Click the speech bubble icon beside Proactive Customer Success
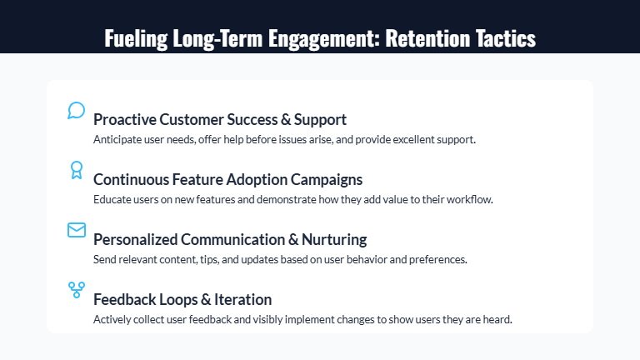76,111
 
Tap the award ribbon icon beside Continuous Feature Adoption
76,170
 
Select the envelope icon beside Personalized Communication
76,230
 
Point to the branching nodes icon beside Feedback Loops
76,290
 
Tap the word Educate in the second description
111,199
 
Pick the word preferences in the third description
437,259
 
